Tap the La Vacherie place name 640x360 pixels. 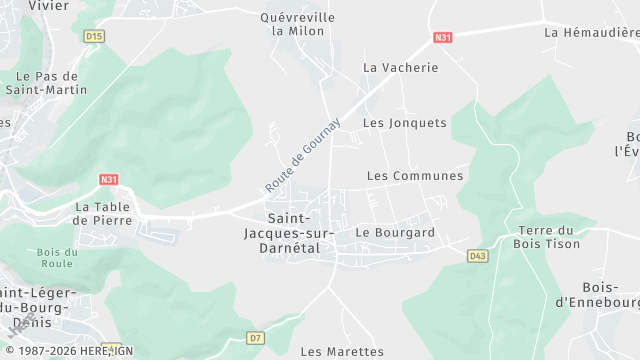coord(400,68)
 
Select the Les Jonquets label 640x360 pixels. coord(404,123)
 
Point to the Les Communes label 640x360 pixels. coord(415,176)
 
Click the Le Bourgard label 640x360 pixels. coord(395,232)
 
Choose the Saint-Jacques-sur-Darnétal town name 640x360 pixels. coord(300,232)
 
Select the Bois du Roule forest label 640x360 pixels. coord(56,258)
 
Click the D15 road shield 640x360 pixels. coord(95,36)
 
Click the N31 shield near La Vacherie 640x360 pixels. coord(443,38)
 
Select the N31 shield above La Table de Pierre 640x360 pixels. coord(109,180)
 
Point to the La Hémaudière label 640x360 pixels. coord(591,32)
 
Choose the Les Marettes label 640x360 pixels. coord(342,352)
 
